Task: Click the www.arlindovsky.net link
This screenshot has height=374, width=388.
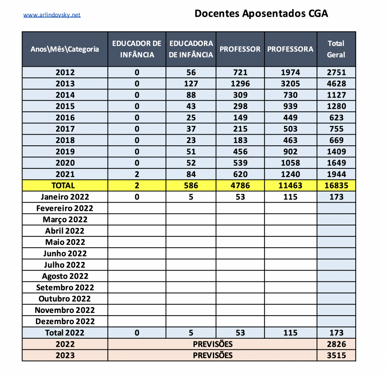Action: coord(52,15)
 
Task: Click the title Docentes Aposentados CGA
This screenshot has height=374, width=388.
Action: coord(261,14)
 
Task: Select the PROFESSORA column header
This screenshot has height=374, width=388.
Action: coord(290,49)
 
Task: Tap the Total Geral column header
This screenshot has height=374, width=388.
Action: coord(336,49)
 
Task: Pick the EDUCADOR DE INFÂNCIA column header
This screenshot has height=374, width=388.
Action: coord(137,49)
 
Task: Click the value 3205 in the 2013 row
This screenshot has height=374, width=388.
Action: coord(290,83)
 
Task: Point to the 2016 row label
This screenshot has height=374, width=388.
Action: coord(65,118)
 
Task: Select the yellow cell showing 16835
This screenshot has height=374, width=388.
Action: coord(336,185)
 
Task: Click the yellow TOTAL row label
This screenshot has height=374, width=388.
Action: coord(65,185)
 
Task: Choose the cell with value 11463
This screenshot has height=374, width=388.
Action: coord(290,185)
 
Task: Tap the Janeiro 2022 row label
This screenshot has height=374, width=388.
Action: coord(65,197)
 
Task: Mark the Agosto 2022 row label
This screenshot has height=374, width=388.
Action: coord(65,276)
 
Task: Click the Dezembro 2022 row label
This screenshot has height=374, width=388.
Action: coord(65,322)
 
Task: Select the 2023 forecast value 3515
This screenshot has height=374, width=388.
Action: coord(336,355)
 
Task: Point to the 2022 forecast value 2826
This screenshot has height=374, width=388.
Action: coord(336,344)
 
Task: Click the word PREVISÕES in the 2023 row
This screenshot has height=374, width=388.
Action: coord(213,355)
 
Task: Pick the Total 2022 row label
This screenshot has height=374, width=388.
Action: coord(65,333)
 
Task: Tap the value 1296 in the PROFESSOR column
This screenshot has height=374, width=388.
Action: coord(240,83)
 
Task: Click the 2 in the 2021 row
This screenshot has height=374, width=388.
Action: coord(137,174)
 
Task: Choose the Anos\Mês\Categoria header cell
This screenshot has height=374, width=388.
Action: coord(65,49)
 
